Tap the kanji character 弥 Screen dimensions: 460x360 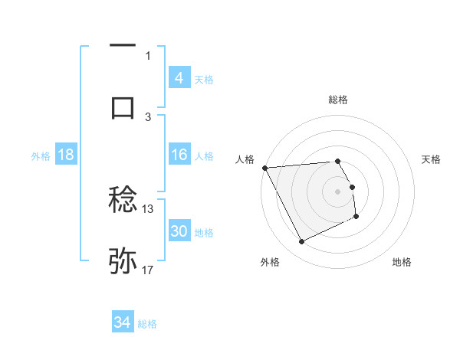[x=123, y=260]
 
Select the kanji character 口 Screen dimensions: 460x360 [x=123, y=106]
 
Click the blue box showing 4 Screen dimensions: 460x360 [x=179, y=77]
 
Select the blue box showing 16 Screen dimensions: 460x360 [x=179, y=155]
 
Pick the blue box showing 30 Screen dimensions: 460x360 [x=179, y=231]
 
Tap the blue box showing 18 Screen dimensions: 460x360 [x=66, y=155]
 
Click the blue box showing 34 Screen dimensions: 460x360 [x=122, y=322]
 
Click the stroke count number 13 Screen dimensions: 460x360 [x=148, y=208]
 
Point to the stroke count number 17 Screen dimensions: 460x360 [x=148, y=270]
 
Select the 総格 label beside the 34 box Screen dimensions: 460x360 [x=147, y=324]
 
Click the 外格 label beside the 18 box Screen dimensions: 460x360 [x=41, y=156]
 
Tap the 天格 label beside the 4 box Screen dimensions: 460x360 [x=204, y=79]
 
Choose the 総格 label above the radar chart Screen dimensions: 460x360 [x=338, y=100]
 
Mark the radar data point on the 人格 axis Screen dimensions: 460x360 [x=265, y=168]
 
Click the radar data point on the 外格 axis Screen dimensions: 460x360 [x=301, y=242]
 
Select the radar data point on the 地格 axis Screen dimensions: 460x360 [x=356, y=217]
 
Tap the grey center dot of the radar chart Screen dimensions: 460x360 [x=338, y=191]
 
